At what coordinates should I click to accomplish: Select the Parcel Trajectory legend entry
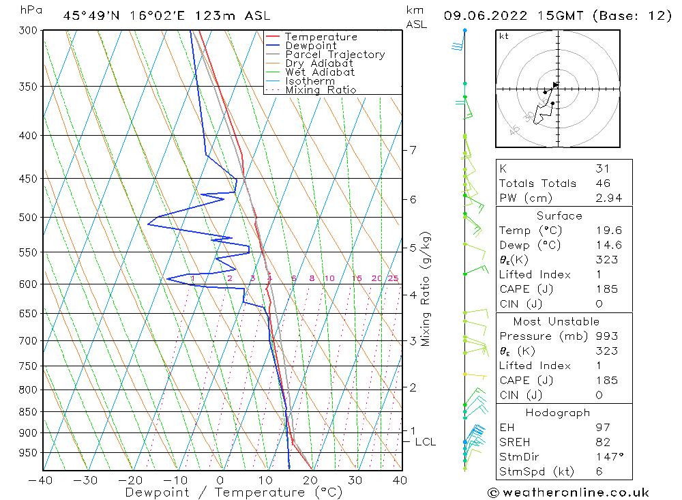click(335, 55)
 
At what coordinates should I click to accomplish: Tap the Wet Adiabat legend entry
click(320, 72)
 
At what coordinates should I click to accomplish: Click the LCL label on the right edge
click(425, 442)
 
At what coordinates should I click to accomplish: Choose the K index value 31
click(602, 168)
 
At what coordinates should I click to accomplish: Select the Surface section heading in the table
click(559, 216)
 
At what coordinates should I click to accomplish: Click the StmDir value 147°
click(606, 456)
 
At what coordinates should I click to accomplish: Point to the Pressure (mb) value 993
click(606, 336)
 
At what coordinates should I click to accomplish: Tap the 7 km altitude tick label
click(413, 150)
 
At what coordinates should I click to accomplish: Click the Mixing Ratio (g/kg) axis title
click(426, 289)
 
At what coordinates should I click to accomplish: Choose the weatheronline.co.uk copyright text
click(568, 492)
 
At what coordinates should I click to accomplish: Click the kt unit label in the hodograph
click(504, 36)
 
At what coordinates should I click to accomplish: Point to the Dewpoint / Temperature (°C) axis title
click(234, 492)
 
